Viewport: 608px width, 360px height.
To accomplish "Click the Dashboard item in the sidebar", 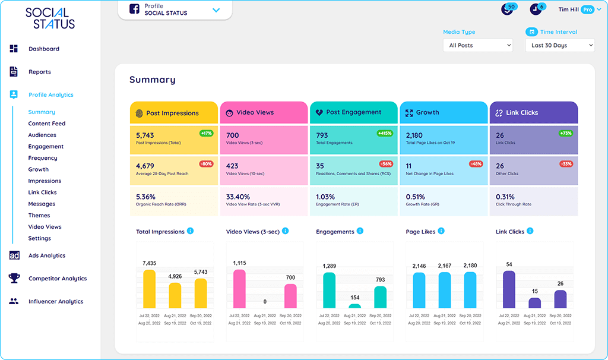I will (43, 49).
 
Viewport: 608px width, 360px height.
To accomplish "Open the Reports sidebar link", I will (39, 72).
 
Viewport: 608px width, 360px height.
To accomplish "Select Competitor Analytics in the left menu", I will (57, 279).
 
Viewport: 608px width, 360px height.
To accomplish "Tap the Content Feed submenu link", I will (46, 124).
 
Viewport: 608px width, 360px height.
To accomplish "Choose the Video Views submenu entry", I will (45, 227).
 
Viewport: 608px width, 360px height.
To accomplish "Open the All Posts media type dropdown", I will (477, 45).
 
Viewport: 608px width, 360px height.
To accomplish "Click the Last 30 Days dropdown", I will (559, 45).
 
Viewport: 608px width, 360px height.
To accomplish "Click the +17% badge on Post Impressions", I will (206, 134).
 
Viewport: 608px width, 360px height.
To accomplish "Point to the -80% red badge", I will (206, 164).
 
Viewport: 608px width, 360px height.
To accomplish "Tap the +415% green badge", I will (385, 134).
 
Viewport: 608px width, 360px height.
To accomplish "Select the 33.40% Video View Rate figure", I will (238, 197).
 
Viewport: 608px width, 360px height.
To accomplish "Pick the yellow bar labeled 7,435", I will (149, 289).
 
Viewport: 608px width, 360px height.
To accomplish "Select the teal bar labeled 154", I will (354, 306).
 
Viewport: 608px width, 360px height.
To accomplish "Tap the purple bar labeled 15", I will (534, 303).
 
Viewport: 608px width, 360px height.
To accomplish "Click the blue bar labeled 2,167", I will (444, 290).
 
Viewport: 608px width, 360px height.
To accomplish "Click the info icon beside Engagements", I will (360, 231).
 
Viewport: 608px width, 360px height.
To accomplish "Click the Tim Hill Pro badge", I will (587, 10).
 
